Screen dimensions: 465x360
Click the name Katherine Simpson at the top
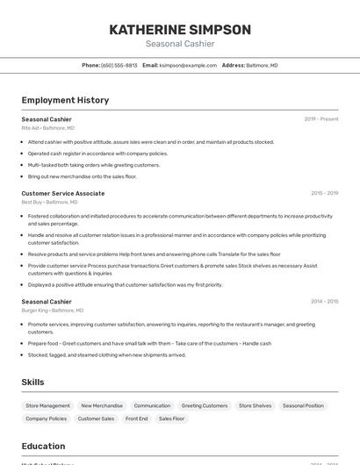click(180, 30)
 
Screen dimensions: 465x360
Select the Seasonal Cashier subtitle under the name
click(180, 44)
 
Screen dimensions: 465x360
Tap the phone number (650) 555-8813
click(119, 66)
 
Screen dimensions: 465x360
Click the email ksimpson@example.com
click(188, 66)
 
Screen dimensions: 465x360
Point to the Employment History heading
click(65, 101)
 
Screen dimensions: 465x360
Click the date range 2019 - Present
click(321, 119)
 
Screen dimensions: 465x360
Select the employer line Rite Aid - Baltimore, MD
click(48, 128)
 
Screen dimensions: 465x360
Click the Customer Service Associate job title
click(63, 193)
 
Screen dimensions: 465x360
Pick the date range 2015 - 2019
click(324, 193)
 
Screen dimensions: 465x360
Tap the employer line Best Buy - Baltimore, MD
click(49, 202)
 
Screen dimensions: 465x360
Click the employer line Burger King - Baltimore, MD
click(53, 311)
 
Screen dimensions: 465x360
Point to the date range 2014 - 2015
click(324, 302)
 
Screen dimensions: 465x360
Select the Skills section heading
click(33, 383)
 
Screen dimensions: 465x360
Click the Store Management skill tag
click(48, 406)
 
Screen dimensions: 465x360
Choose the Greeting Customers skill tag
click(205, 406)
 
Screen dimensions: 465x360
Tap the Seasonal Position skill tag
click(303, 406)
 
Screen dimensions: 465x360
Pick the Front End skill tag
click(137, 419)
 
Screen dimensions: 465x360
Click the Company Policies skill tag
click(46, 419)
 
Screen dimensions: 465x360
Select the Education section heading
click(44, 447)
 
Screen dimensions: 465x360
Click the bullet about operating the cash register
click(97, 154)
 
